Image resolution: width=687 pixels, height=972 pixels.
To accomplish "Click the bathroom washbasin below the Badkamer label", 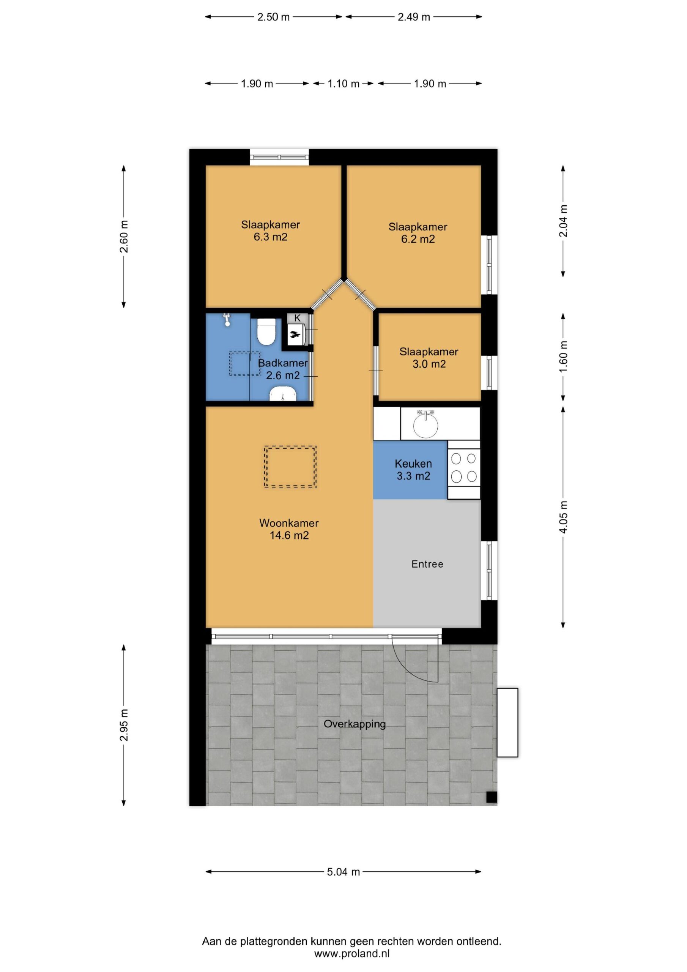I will [x=283, y=394].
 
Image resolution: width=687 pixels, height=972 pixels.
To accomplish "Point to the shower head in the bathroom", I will [x=227, y=320].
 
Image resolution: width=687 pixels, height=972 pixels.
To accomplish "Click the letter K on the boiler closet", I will [x=297, y=318].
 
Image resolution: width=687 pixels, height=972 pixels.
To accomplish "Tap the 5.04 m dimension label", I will [x=343, y=872].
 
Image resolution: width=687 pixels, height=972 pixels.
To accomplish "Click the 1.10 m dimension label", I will [x=343, y=84].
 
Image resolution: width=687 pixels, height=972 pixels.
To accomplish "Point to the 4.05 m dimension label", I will [x=563, y=518].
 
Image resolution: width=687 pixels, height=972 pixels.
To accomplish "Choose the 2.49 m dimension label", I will [x=414, y=17].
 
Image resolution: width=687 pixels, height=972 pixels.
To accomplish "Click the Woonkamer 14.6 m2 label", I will [x=289, y=529].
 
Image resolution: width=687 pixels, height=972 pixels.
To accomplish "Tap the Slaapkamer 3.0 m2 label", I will [x=429, y=358].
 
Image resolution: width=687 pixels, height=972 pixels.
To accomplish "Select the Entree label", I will [x=427, y=564].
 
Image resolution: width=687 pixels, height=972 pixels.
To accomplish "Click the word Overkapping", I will [x=355, y=724].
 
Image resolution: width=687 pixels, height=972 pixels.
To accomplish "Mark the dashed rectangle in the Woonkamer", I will [x=290, y=467].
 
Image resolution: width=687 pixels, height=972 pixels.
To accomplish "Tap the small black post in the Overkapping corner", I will [x=491, y=797].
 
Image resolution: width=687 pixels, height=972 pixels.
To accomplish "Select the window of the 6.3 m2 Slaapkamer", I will [x=279, y=158].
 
